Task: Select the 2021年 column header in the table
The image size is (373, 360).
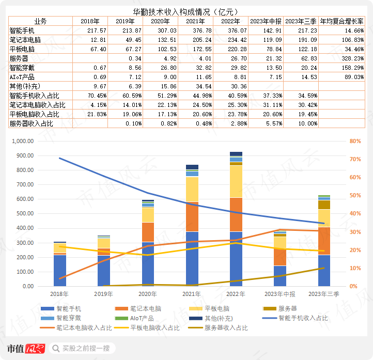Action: pyautogui.click(x=195, y=21)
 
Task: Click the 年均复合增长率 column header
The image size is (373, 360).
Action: pyautogui.click(x=341, y=21)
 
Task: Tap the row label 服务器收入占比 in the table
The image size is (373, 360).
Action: pyautogui.click(x=31, y=123)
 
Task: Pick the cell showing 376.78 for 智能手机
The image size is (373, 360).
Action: pyautogui.click(x=195, y=30)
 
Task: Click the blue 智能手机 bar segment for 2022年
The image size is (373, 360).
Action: pyautogui.click(x=236, y=258)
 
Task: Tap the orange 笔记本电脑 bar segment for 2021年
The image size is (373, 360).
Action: pyautogui.click(x=192, y=216)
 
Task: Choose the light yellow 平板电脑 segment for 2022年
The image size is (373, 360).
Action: pyautogui.click(x=236, y=181)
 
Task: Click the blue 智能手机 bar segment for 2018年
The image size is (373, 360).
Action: pyautogui.click(x=59, y=270)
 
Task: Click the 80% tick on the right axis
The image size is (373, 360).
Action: pyautogui.click(x=355, y=141)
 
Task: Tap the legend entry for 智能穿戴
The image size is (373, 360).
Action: pyautogui.click(x=69, y=318)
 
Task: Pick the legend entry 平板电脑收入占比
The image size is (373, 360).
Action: pyautogui.click(x=154, y=327)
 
